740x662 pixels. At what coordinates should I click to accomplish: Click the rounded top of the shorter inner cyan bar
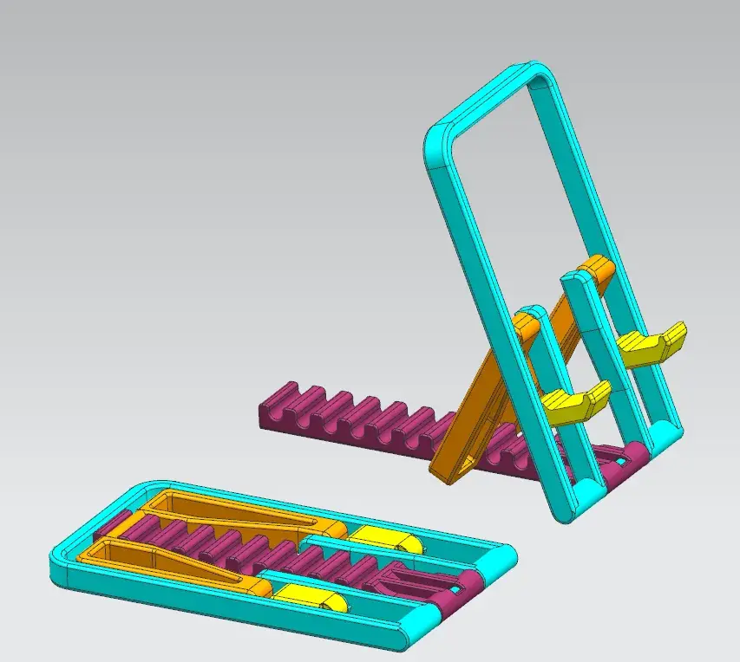[531, 314]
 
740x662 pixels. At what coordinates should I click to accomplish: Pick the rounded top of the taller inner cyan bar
[574, 278]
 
